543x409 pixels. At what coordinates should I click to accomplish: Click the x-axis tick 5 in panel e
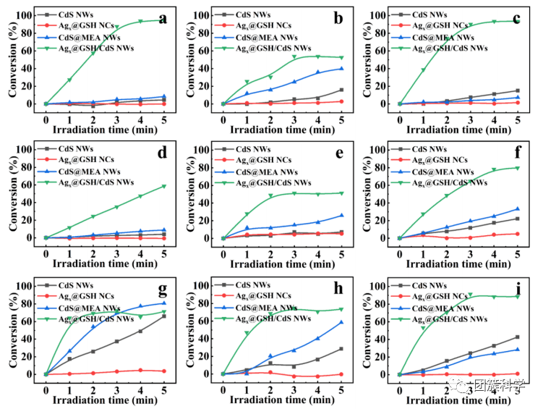341,250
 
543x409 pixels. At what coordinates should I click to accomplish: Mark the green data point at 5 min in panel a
164,20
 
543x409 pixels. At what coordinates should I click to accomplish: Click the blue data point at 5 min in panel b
341,69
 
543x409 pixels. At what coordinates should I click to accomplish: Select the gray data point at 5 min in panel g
164,316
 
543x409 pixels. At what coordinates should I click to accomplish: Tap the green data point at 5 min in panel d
164,186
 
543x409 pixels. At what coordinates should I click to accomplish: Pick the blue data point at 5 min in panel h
341,322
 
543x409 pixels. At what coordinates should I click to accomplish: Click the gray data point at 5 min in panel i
518,337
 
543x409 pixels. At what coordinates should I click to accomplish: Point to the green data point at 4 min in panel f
495,170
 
